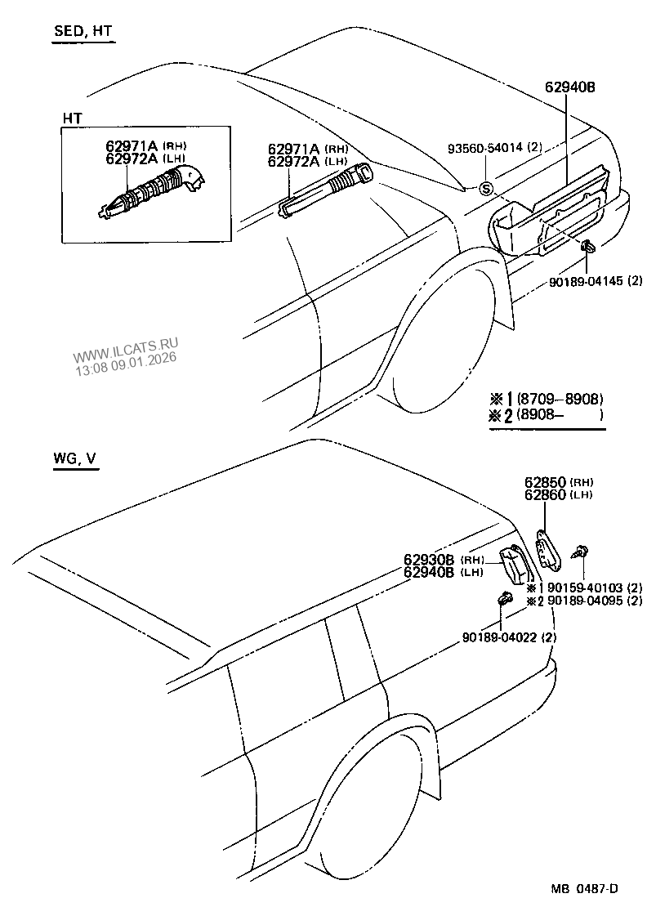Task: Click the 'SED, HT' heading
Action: [x=83, y=33]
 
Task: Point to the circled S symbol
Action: [x=486, y=190]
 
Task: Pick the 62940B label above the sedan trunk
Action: [x=572, y=88]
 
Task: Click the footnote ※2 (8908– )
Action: [x=547, y=415]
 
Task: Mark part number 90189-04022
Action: [x=498, y=637]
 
